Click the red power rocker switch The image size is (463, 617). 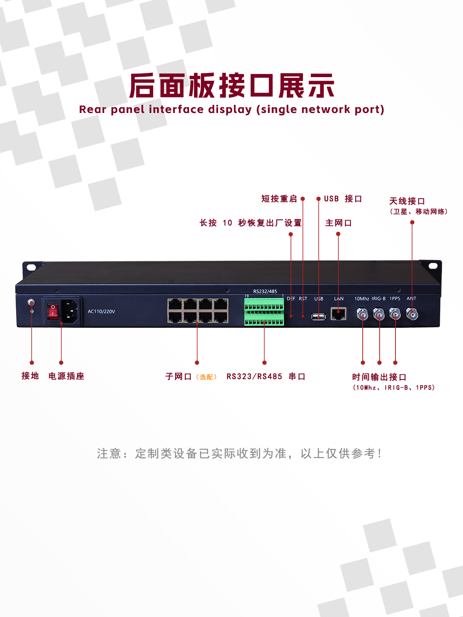tap(53, 311)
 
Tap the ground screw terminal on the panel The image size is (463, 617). tap(32, 302)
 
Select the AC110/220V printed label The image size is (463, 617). tap(101, 312)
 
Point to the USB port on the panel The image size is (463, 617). tap(319, 317)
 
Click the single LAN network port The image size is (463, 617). tap(338, 314)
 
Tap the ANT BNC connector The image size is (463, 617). tap(412, 314)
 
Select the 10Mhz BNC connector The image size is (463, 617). tap(363, 315)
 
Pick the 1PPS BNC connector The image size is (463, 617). tap(395, 314)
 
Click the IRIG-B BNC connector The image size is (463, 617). tap(379, 315)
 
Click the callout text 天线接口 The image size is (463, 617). tap(407, 201)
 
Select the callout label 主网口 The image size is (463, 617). tap(338, 223)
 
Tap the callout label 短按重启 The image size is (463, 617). tap(279, 199)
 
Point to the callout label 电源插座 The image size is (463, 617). tap(66, 376)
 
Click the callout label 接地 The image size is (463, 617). tap(30, 376)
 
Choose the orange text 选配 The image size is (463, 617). tap(206, 377)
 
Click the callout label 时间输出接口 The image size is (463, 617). tap(379, 377)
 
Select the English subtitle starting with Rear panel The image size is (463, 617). tap(231, 110)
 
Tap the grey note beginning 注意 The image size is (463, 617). tap(239, 453)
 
